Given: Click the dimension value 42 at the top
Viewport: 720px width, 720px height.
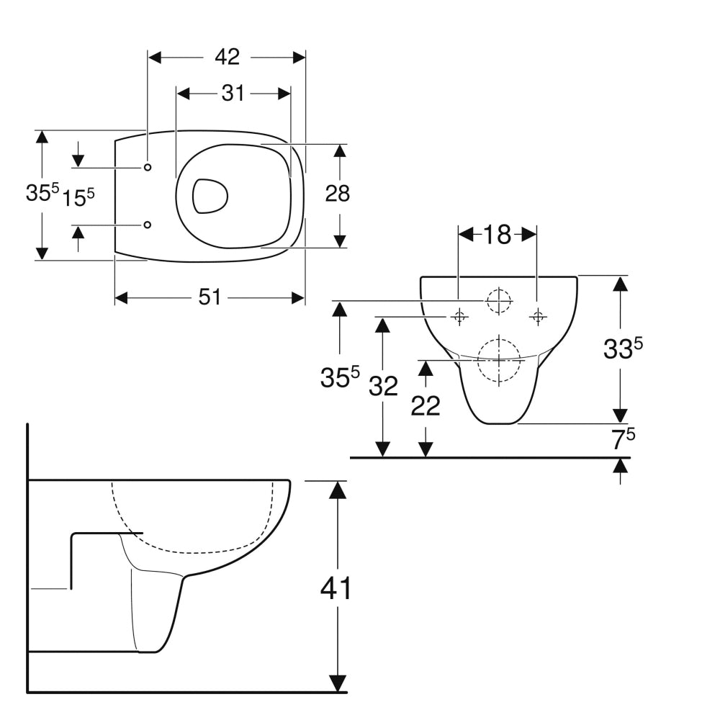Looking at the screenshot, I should [226, 57].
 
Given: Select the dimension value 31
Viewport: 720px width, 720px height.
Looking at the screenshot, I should [233, 93].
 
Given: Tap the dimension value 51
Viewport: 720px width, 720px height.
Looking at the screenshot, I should [210, 297].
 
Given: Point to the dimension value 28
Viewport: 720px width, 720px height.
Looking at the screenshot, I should [337, 194].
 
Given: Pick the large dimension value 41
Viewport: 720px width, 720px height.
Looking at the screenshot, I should [336, 588].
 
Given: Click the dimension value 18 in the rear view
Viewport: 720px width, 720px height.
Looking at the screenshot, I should [497, 234].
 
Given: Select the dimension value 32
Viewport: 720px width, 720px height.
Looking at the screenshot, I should [383, 387].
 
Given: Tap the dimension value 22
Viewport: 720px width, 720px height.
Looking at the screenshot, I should [426, 406].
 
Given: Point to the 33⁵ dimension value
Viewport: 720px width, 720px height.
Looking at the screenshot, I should [622, 349].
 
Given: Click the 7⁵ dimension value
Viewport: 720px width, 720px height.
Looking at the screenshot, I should [624, 439].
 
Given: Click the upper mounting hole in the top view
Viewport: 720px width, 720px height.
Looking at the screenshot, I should [148, 167].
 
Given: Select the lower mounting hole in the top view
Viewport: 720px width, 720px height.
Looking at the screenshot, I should [148, 225].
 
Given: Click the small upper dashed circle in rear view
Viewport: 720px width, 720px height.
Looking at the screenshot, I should [498, 300].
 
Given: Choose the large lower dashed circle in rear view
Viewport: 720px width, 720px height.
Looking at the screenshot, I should [499, 359].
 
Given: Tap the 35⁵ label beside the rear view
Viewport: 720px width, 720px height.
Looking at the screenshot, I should [339, 377].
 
